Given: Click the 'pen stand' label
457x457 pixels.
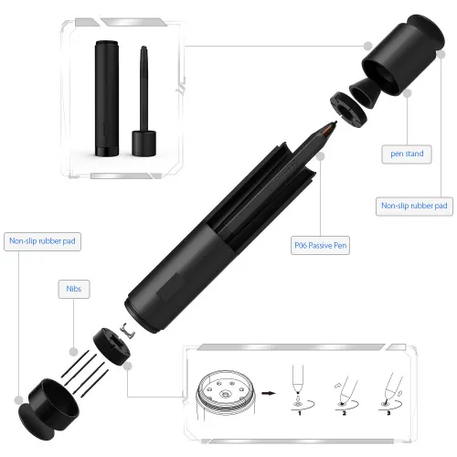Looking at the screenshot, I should [408, 154].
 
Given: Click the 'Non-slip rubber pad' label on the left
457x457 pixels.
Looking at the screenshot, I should [43, 241].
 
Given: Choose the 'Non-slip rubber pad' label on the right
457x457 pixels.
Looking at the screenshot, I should [413, 206].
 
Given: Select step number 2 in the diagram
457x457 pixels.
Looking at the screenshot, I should [344, 414].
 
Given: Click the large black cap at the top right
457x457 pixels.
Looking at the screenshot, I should [391, 62].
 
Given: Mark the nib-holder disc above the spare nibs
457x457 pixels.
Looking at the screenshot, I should [111, 345].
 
